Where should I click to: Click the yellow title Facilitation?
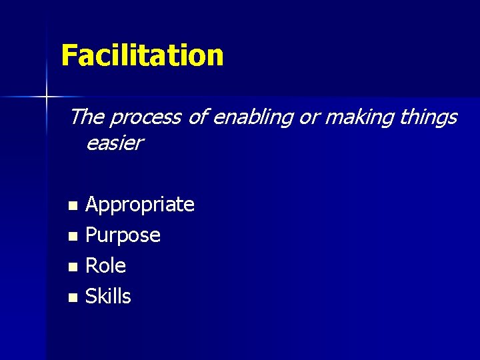coord(142,55)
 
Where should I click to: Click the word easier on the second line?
coord(114,143)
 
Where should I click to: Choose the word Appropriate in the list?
coord(140,205)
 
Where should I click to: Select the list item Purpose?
coord(123,235)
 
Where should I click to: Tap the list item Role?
coord(105,266)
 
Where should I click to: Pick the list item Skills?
coord(108,297)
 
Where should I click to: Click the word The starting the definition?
coord(86,117)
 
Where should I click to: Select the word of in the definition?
coord(197,117)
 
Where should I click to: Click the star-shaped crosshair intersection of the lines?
coord(47,98)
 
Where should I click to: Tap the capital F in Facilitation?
coord(68,55)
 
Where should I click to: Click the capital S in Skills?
coord(92,297)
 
